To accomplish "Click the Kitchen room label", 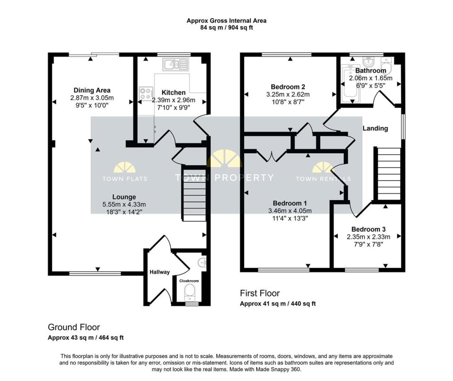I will coord(173,92).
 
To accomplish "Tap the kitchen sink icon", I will coord(176,65).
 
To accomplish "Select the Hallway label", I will coord(159,272).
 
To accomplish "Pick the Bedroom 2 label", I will coord(288,87).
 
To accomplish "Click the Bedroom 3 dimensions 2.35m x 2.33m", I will coord(369,237).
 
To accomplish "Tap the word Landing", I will coord(375,128).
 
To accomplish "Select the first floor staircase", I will coord(388,174).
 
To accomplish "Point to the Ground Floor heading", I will coord(74,327).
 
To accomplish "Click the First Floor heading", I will coord(260,293).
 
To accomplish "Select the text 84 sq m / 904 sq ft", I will coord(226,27).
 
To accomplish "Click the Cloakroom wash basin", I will coord(203,263).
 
